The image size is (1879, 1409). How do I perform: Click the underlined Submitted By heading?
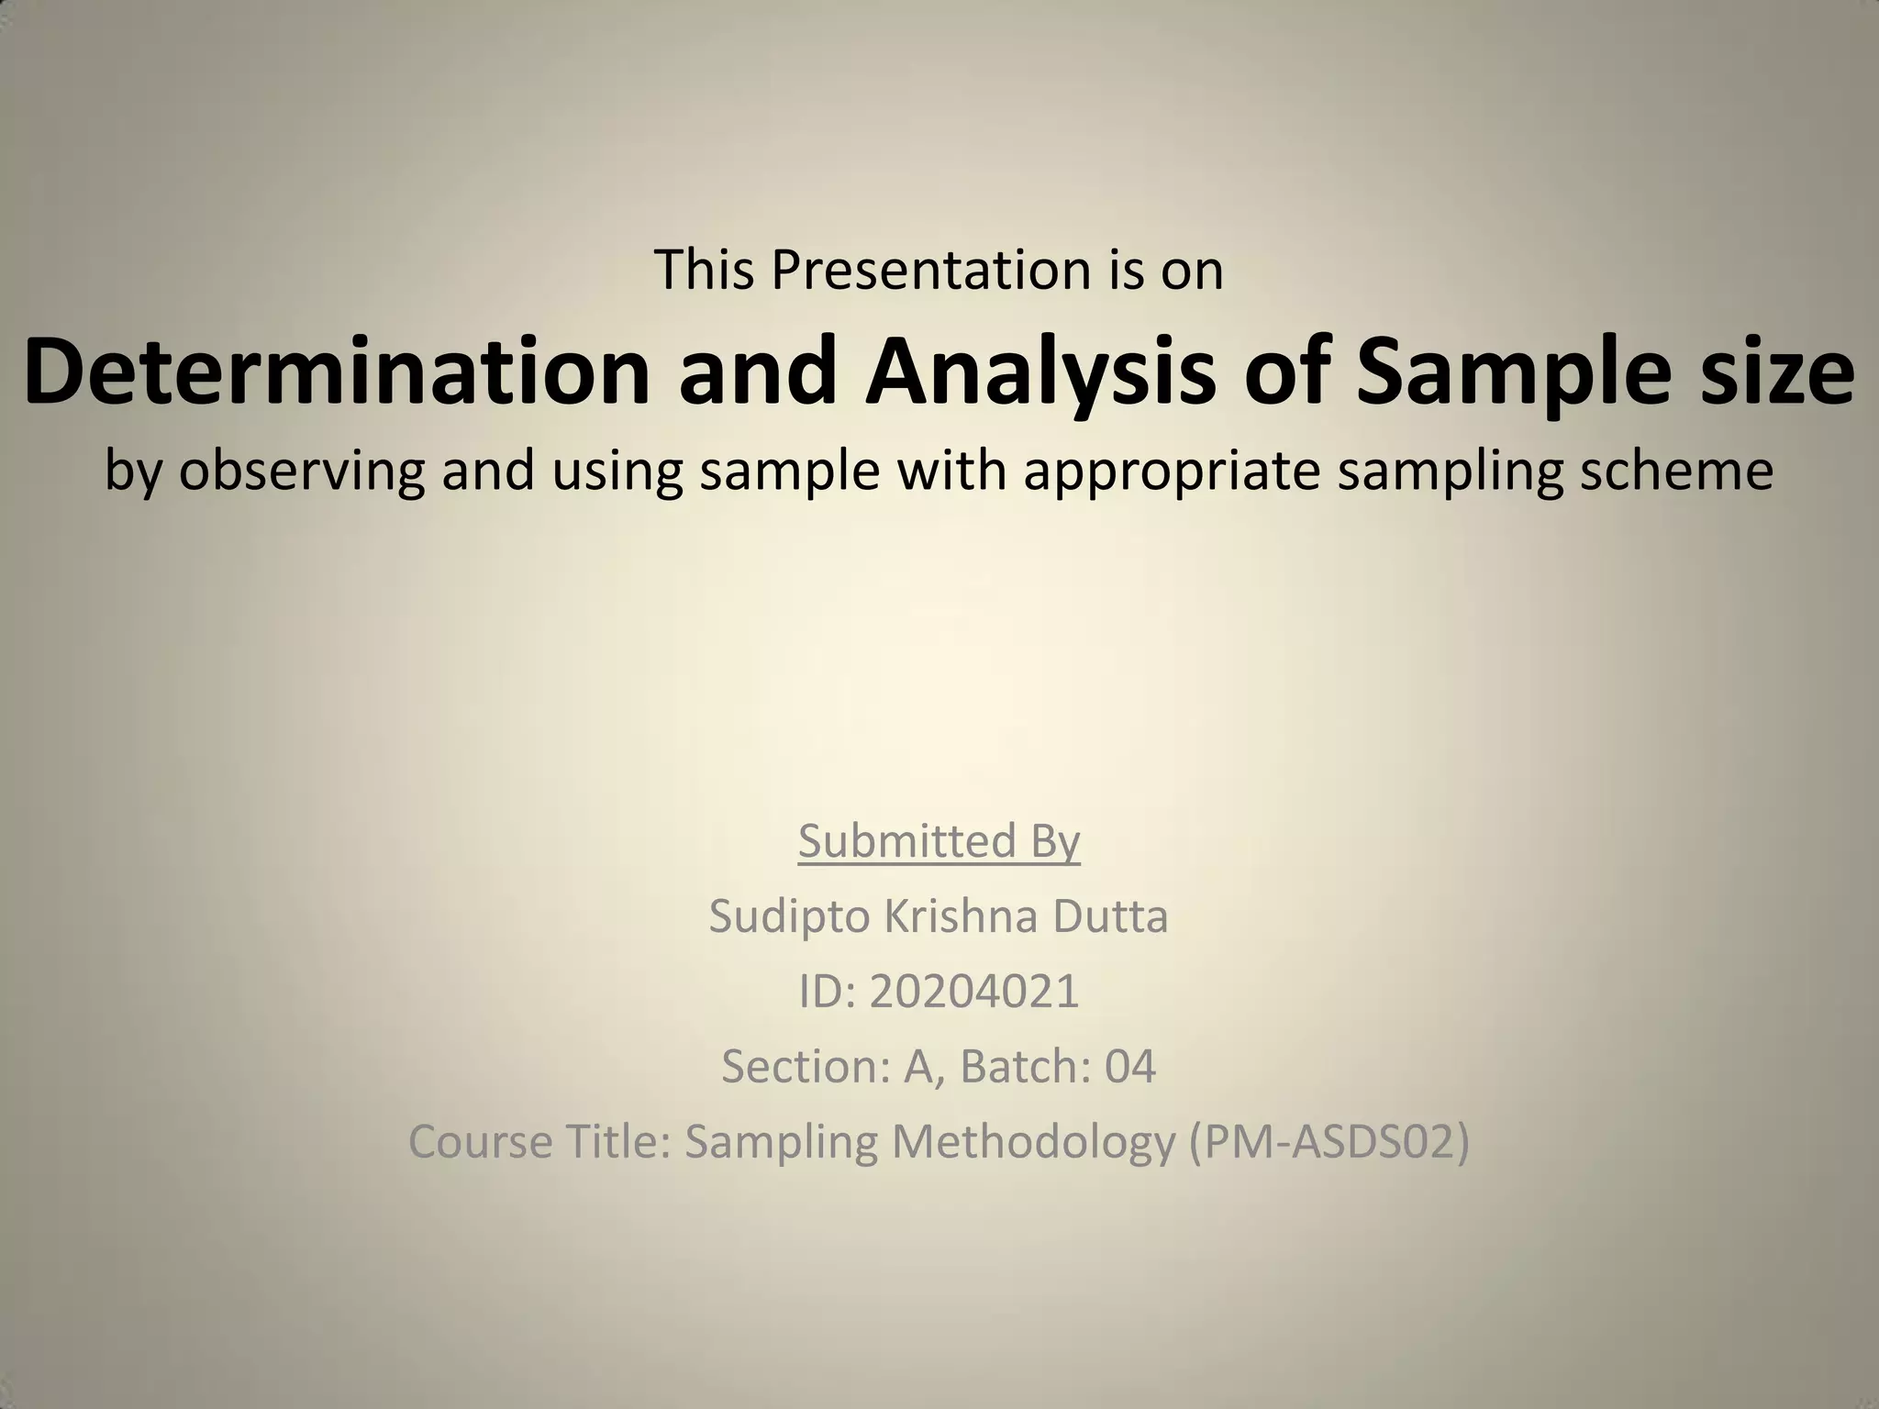tap(939, 840)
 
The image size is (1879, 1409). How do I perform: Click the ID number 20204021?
tap(974, 991)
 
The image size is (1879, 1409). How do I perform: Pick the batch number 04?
tap(1129, 1066)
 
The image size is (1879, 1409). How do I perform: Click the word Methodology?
tap(1033, 1141)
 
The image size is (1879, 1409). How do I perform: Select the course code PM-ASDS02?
tap(1329, 1141)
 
